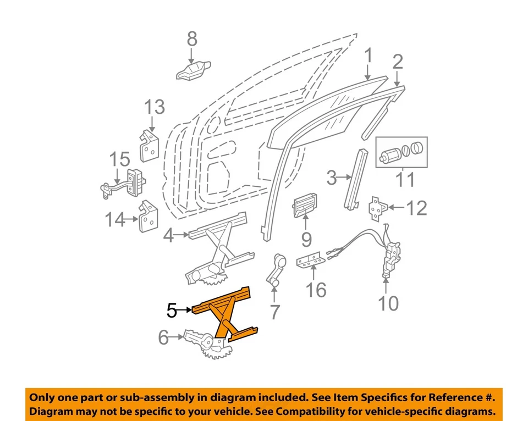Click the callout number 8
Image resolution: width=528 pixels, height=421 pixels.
[191, 39]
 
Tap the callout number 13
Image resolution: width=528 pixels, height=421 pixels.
[155, 107]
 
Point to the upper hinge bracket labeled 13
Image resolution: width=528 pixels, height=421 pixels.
[149, 145]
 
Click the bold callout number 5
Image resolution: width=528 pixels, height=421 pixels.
[172, 311]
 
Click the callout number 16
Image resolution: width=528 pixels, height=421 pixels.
[316, 290]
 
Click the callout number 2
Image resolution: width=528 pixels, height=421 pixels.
[397, 62]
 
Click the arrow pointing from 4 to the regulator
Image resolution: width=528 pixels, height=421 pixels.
[181, 236]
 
